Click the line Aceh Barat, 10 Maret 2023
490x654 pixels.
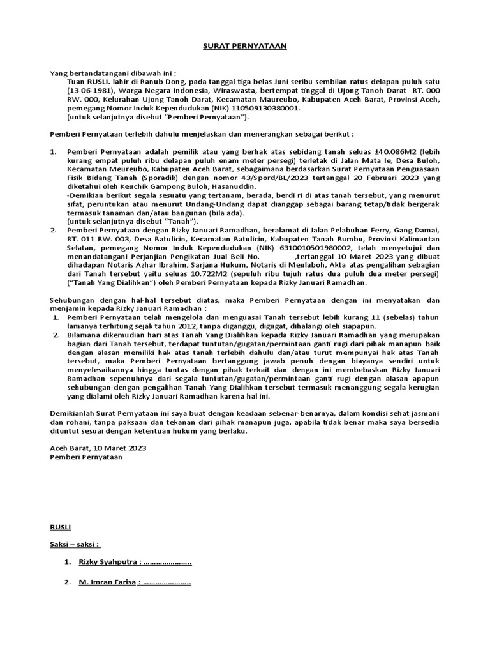pyautogui.click(x=98, y=448)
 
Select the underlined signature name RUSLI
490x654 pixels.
pyautogui.click(x=61, y=527)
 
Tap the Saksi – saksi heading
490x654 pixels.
pyautogui.click(x=75, y=545)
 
